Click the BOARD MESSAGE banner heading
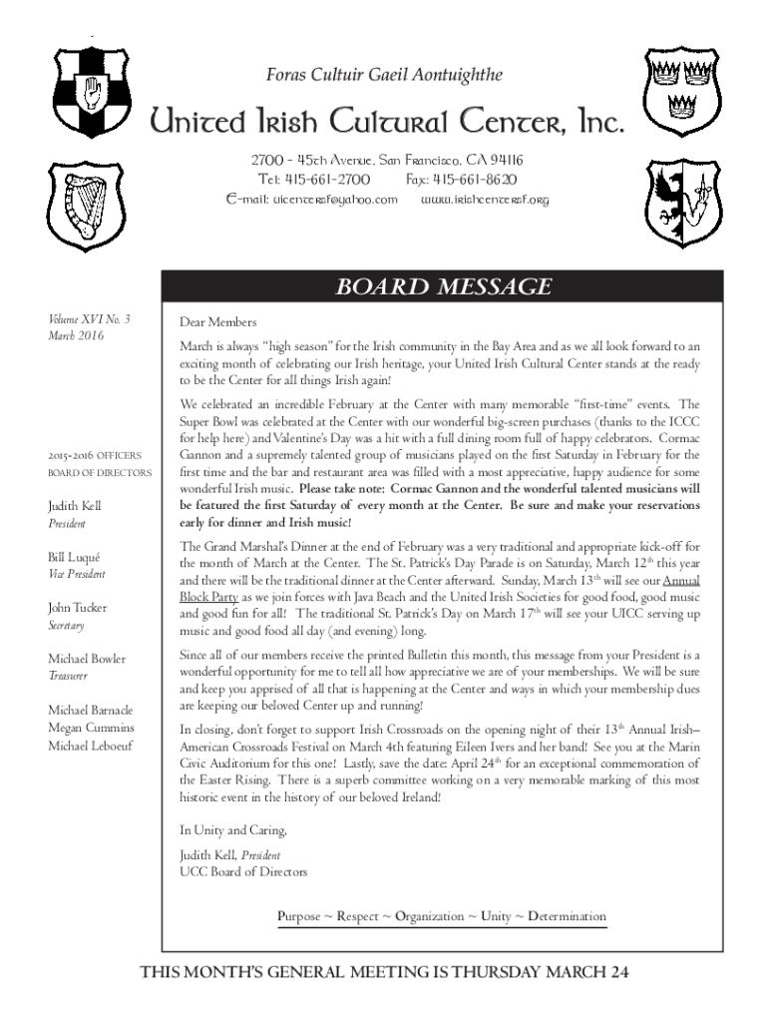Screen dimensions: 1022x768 pyautogui.click(x=442, y=287)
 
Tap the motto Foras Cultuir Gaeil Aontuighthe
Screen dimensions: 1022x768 pyautogui.click(x=384, y=75)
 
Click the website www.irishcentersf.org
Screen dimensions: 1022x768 pyautogui.click(x=485, y=200)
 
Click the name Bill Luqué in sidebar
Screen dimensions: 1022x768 pyautogui.click(x=75, y=556)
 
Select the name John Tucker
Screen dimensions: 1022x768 pyautogui.click(x=78, y=607)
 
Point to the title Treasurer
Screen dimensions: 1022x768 pyautogui.click(x=69, y=676)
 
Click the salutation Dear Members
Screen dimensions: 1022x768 pyautogui.click(x=218, y=322)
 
